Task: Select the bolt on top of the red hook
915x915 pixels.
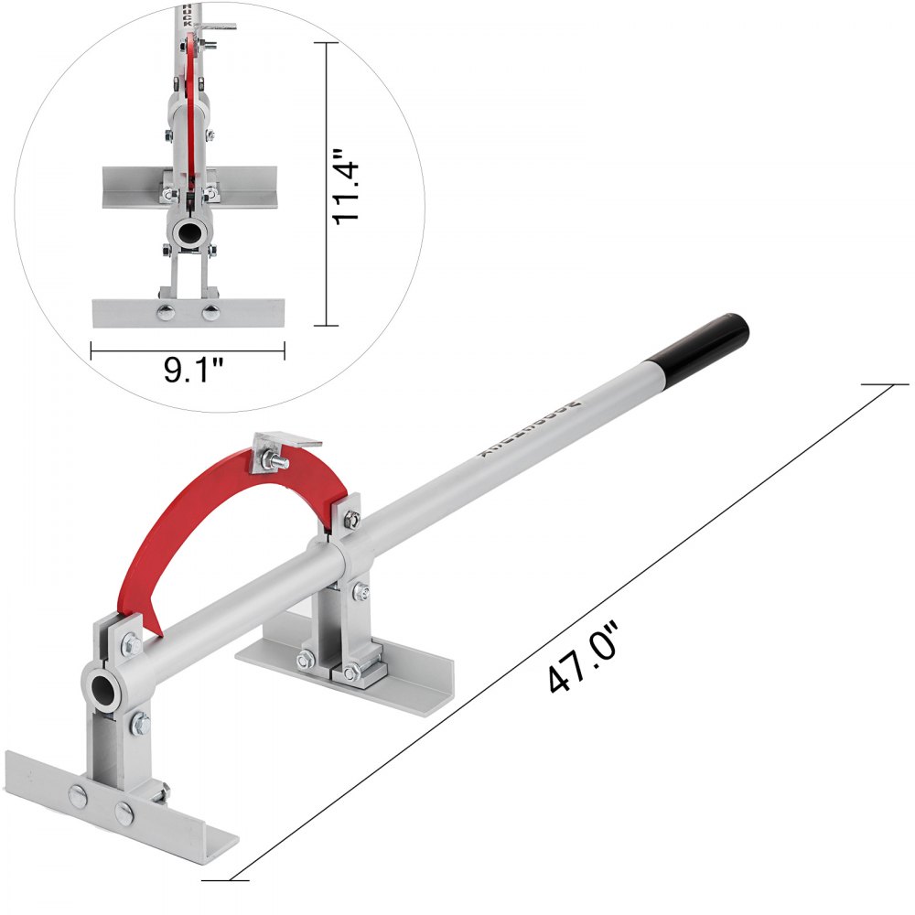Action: (x=277, y=461)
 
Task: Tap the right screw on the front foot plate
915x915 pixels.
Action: (x=123, y=810)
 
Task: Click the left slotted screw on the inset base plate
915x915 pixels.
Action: (x=166, y=313)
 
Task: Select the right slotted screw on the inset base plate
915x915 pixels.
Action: (x=211, y=313)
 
